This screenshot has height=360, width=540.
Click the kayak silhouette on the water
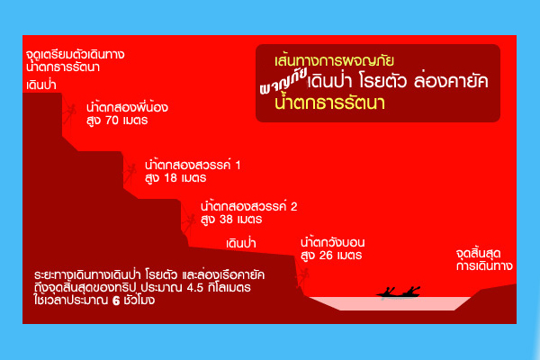(399, 292)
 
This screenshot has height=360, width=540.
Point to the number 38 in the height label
(226, 220)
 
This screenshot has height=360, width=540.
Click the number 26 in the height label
(326, 256)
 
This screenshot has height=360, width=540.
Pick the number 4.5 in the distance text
(194, 288)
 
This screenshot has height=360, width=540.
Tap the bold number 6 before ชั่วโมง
(116, 301)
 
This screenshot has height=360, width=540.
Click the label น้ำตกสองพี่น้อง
(127, 107)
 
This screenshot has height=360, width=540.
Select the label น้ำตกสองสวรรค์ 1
(193, 165)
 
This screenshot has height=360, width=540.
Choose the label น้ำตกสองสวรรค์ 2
(248, 206)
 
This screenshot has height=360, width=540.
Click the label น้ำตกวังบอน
(332, 242)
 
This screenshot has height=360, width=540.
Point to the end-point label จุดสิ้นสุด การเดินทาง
(484, 260)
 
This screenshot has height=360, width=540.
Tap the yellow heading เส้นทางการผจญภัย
(334, 61)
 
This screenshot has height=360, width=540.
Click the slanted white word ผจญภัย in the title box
(283, 83)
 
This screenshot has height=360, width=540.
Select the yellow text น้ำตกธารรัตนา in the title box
(329, 103)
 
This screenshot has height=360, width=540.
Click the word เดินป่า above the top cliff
(41, 85)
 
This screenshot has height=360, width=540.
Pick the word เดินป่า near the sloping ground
(240, 243)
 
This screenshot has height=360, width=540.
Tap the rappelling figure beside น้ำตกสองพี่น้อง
(69, 112)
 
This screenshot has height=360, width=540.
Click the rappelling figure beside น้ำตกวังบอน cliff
(302, 277)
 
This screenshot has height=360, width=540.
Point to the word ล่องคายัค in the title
(451, 81)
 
